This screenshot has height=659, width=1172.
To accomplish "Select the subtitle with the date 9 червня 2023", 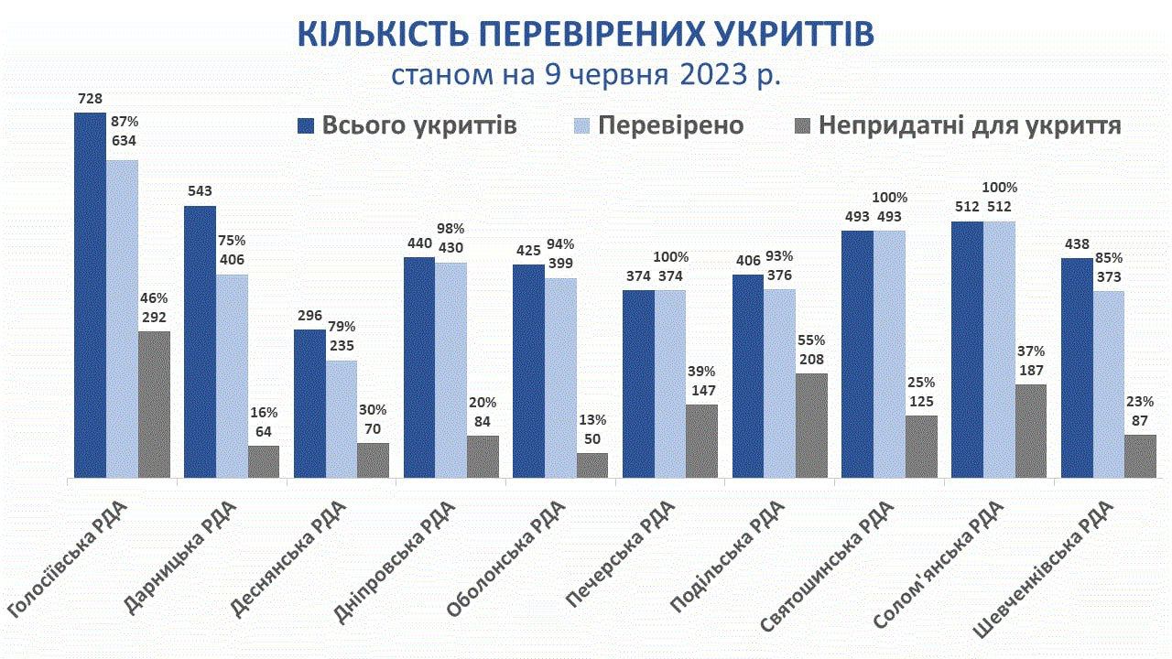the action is click(586, 74).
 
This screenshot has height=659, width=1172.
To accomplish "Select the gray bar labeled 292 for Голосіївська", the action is click(154, 404).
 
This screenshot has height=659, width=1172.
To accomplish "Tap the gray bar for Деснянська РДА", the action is click(373, 459).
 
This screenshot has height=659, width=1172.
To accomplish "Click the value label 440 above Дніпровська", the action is click(419, 245).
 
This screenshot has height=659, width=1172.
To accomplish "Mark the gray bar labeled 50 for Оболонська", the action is click(591, 465).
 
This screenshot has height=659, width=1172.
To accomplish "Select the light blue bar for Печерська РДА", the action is click(670, 384).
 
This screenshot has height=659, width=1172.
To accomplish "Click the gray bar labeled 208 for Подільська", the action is click(811, 425).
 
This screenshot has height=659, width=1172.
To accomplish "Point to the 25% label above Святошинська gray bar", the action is click(920, 382).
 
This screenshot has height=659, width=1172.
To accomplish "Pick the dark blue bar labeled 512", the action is click(967, 349).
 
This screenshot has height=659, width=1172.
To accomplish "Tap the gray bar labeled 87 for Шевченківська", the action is click(1140, 456).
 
